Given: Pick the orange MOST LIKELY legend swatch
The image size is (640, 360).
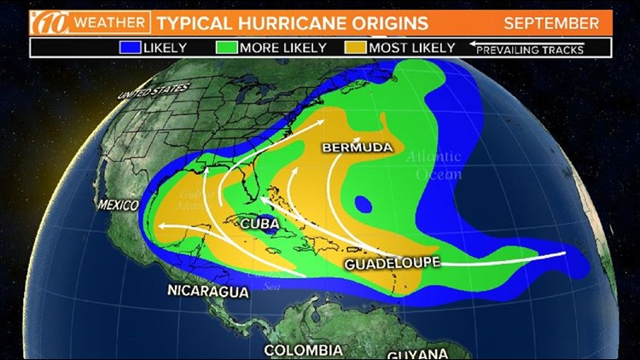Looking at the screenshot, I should pyautogui.click(x=356, y=46).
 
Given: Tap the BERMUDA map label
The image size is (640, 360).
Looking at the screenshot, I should pyautogui.click(x=358, y=148).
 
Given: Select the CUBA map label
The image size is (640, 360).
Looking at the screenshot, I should pyautogui.click(x=259, y=224).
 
